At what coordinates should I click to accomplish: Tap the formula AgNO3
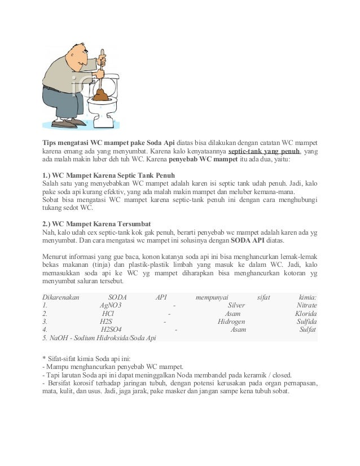111,305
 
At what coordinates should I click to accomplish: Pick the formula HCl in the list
108,314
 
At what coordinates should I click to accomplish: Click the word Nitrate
306,305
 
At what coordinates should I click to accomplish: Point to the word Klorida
305,314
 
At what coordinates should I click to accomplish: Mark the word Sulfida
306,322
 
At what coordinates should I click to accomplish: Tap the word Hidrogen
231,322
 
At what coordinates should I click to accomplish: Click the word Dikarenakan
61,297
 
